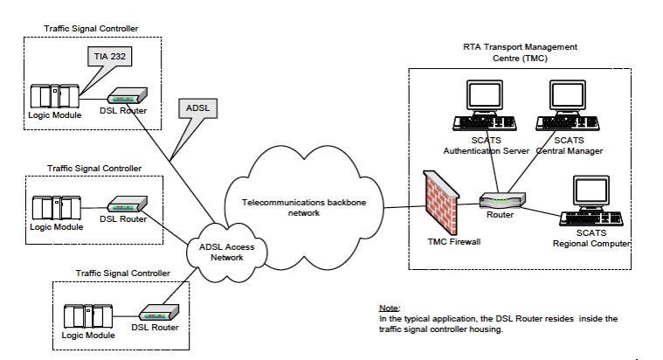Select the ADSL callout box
pyautogui.click(x=197, y=109)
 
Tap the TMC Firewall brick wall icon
pyautogui.click(x=441, y=200)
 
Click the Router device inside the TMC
pyautogui.click(x=501, y=199)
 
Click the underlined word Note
pyautogui.click(x=388, y=308)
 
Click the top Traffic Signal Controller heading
pyautogui.click(x=91, y=29)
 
